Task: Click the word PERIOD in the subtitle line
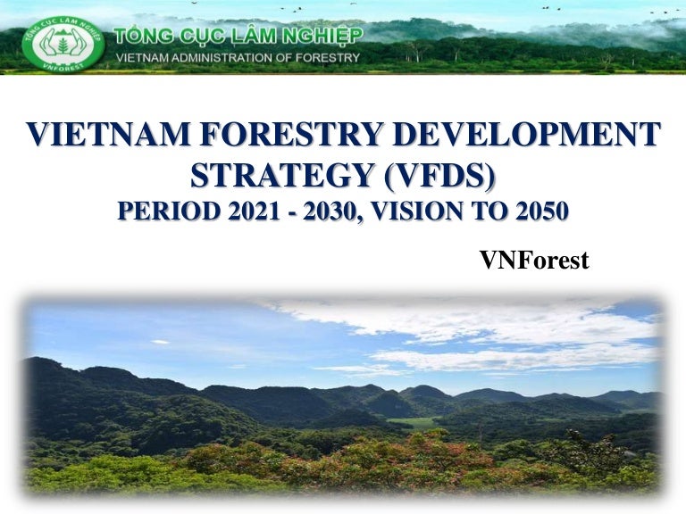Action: pyautogui.click(x=167, y=211)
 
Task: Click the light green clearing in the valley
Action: pyautogui.click(x=413, y=422)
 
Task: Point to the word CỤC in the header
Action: pyautogui.click(x=196, y=36)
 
